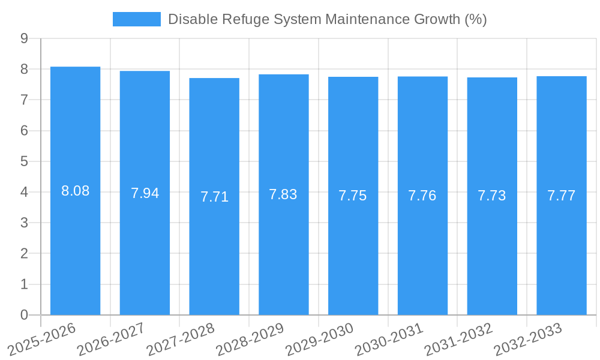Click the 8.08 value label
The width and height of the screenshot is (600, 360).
pyautogui.click(x=75, y=191)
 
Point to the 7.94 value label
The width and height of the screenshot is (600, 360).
pyautogui.click(x=145, y=193)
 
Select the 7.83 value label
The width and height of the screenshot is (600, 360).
pyautogui.click(x=283, y=194)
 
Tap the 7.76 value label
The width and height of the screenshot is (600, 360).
pyautogui.click(x=422, y=196)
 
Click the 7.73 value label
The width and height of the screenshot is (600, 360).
pyautogui.click(x=492, y=196)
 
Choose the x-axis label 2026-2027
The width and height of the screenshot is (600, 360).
pyautogui.click(x=110, y=340)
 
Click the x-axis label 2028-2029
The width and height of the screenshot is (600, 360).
pyautogui.click(x=250, y=340)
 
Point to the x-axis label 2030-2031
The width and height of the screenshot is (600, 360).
pyautogui.click(x=389, y=340)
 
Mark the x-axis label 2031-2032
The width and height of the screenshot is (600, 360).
pyautogui.click(x=458, y=340)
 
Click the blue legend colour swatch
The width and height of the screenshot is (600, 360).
pyautogui.click(x=137, y=19)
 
